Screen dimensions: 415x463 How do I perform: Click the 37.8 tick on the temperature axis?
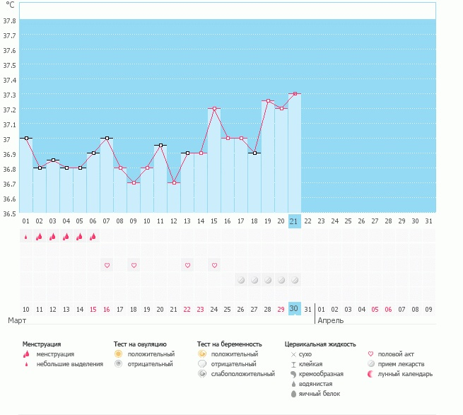coord(10,21)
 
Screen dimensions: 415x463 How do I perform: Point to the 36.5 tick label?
coord(10,213)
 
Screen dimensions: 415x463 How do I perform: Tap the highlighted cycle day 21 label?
coord(294,221)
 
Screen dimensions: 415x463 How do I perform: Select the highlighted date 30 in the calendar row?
coord(294,309)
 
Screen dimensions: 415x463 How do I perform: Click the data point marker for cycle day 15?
coord(213,109)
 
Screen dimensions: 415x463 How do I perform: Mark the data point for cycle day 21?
coord(294,94)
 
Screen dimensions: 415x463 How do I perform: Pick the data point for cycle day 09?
coord(133,182)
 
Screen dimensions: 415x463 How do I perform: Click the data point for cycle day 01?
coord(25,139)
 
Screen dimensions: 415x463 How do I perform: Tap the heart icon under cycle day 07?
coord(107,265)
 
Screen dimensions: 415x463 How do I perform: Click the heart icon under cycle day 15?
coord(213,265)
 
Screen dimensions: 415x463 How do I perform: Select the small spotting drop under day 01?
coord(25,237)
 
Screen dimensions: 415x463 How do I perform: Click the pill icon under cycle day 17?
coord(240,280)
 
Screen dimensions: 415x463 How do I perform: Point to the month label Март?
coord(17,321)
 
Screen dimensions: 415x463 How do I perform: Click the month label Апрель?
coord(331,321)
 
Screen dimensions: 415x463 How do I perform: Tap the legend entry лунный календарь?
coord(404,374)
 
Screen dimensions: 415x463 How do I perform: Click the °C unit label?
coord(10,5)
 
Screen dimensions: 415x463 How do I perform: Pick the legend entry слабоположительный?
coord(242,374)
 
